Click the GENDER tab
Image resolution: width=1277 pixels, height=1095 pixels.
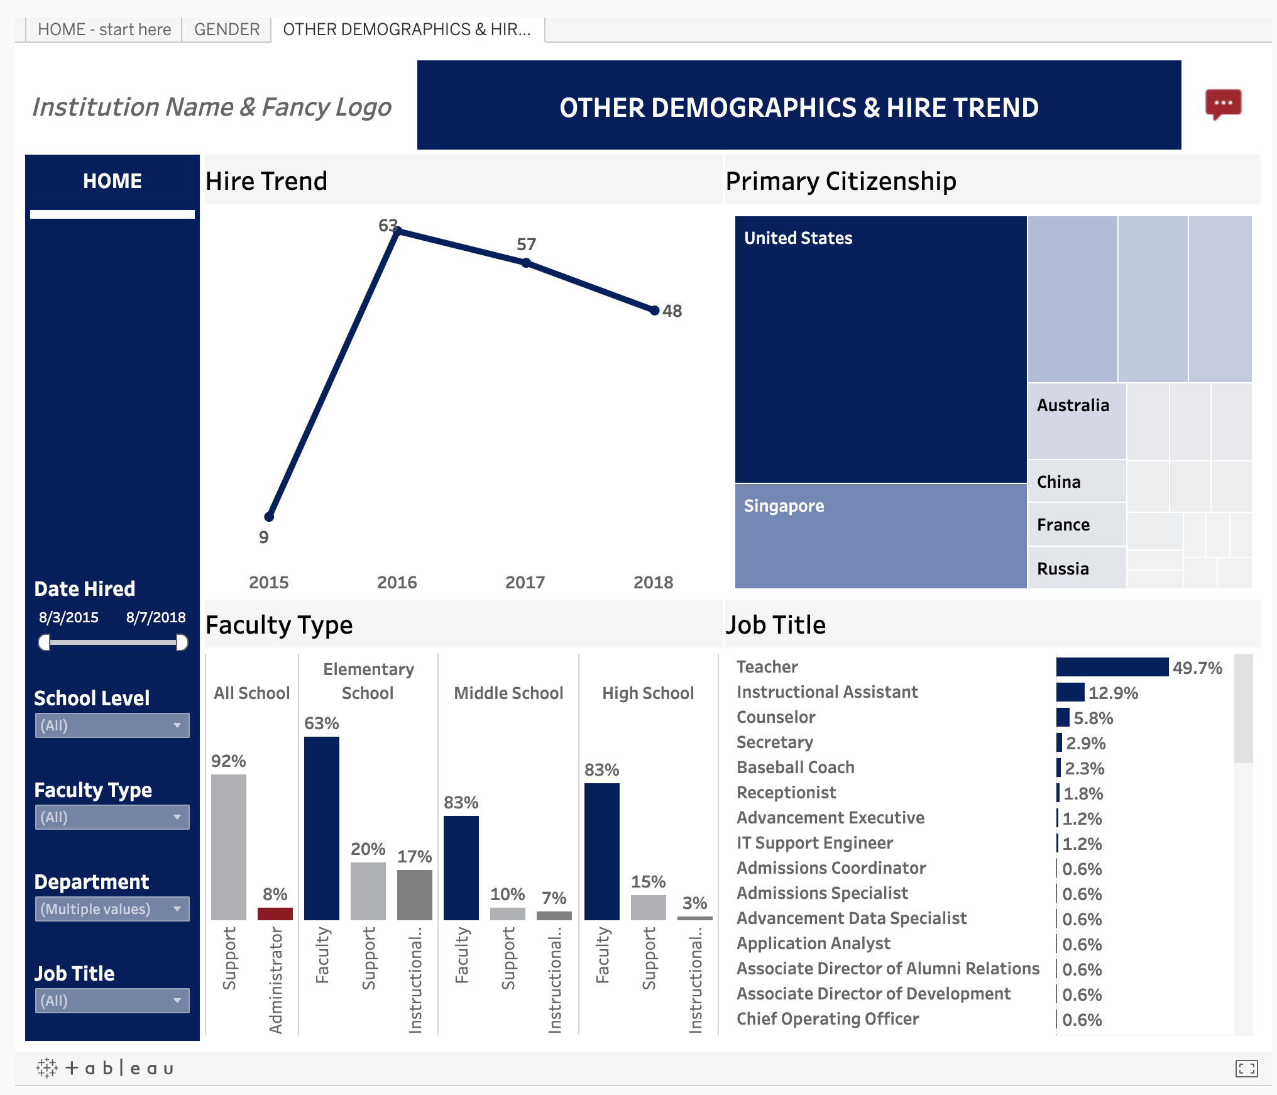click(226, 30)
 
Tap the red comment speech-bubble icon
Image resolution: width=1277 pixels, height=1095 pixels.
click(1222, 104)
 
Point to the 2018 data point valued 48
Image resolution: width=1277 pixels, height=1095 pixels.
click(654, 311)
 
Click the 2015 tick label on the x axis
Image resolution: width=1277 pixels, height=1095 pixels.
click(268, 582)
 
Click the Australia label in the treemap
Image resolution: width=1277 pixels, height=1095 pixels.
click(1073, 405)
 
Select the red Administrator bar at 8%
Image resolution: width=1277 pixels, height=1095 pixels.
click(275, 913)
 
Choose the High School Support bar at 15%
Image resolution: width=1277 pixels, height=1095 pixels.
click(648, 907)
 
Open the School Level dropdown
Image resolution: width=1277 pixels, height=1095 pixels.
click(112, 725)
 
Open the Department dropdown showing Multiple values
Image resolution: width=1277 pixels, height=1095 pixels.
click(112, 909)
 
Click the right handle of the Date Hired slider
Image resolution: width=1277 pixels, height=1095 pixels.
click(182, 642)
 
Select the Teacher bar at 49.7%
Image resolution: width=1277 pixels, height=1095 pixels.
click(1112, 667)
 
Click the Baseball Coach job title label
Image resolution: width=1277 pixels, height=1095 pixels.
click(795, 768)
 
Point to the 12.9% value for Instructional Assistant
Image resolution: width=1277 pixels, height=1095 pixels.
click(1113, 693)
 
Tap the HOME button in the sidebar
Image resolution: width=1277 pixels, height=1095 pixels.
click(112, 181)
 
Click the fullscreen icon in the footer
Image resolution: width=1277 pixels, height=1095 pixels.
click(1246, 1068)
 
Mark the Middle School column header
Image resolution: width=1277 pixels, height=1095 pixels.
click(508, 693)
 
